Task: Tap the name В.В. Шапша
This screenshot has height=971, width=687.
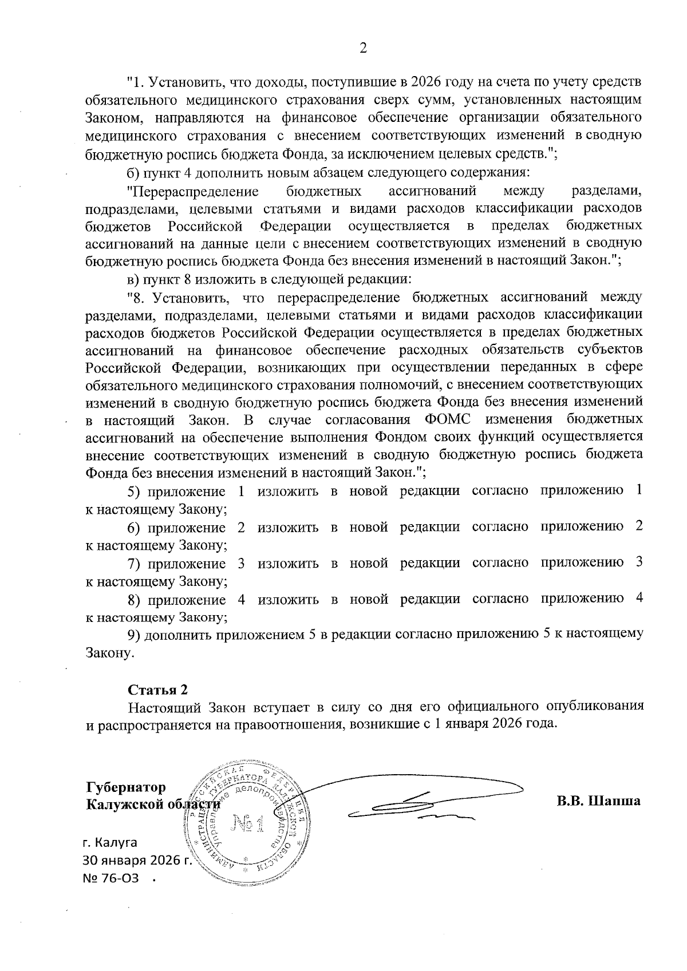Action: point(598,800)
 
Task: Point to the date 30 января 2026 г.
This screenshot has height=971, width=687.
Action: point(137,877)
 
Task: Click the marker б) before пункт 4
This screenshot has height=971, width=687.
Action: point(133,173)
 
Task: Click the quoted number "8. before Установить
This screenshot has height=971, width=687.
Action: point(137,297)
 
